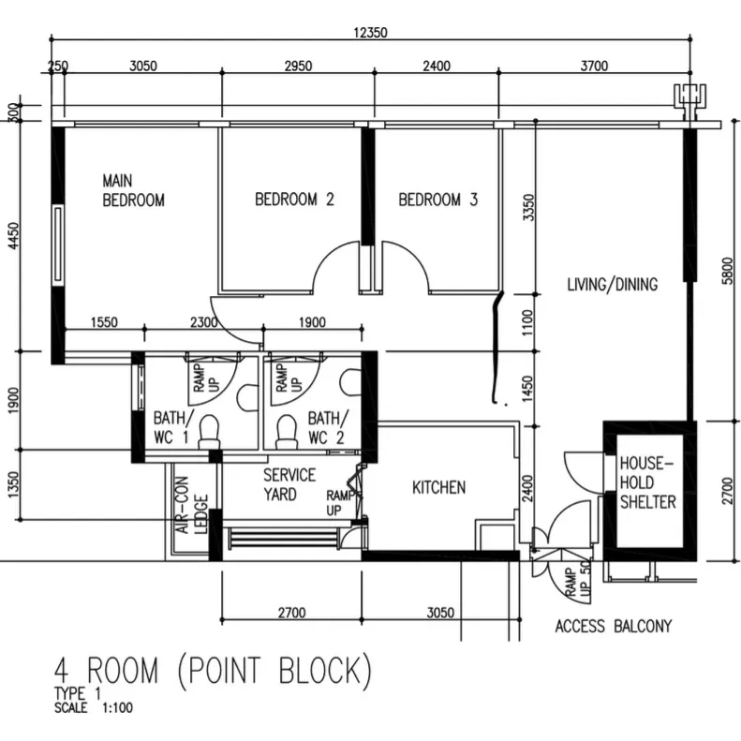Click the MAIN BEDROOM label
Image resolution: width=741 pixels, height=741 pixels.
pos(133,190)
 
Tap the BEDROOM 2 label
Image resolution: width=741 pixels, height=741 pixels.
pos(295,200)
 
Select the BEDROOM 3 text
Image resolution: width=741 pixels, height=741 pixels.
pos(438,200)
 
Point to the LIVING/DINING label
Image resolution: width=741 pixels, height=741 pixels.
pos(613,285)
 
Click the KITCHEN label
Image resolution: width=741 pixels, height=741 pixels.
pos(439,487)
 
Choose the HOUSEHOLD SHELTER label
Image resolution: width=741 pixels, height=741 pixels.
pos(647,482)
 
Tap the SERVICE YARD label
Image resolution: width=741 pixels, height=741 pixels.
pos(289,484)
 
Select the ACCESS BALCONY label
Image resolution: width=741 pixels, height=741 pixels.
pos(613,627)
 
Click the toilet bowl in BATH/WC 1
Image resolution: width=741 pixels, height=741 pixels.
pos(209,428)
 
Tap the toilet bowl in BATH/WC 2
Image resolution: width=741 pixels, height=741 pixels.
pos(286,428)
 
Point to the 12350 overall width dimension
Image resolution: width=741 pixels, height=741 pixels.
pos(370,33)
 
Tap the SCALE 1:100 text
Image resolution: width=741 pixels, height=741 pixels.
pos(94,708)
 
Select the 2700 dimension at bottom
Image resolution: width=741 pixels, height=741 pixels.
pos(291,614)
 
